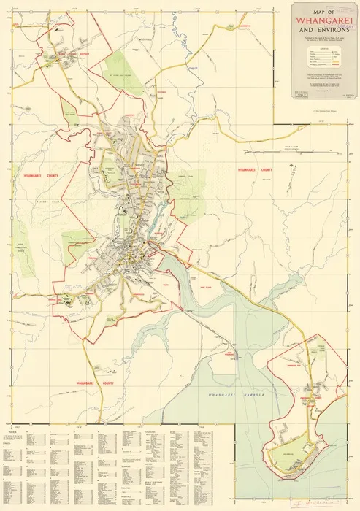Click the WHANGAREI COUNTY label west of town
tap(34, 176)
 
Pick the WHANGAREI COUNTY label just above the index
tap(99, 383)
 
